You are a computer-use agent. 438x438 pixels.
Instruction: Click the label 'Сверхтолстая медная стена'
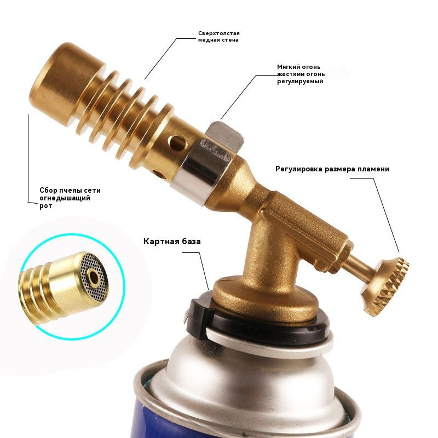tap(218, 37)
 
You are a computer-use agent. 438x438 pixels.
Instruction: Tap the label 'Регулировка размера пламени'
tap(332, 169)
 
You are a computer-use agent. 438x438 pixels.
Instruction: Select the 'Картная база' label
tap(172, 241)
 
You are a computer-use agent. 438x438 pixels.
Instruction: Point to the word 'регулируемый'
tap(300, 81)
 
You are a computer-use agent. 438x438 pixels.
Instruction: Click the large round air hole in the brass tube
tap(178, 142)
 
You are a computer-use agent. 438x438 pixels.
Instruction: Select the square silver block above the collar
tap(226, 136)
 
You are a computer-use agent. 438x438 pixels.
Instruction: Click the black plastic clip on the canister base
tap(198, 318)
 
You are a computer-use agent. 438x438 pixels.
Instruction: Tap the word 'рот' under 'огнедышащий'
tap(46, 206)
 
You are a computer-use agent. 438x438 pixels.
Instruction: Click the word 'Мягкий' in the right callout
tap(290, 67)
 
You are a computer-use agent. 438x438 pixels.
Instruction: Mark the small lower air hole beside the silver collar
tap(159, 175)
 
